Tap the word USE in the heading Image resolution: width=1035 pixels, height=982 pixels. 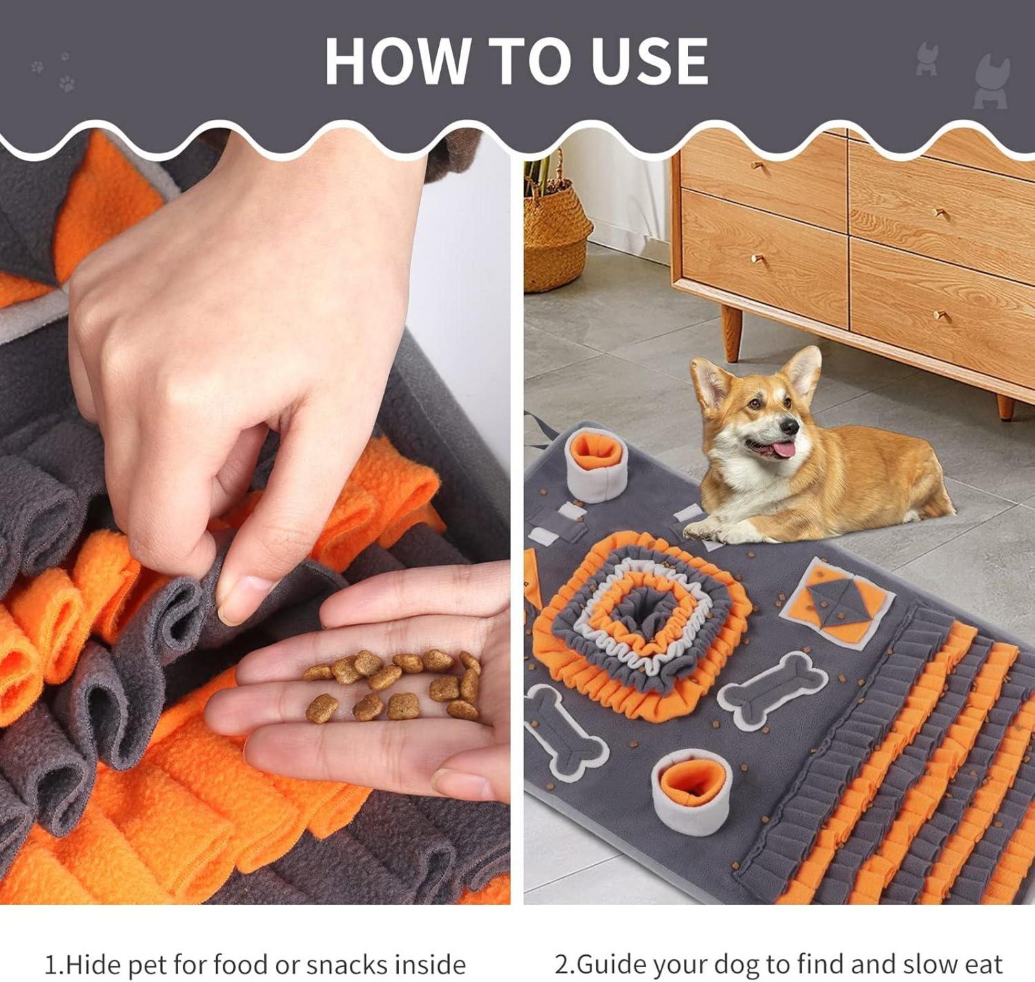649,61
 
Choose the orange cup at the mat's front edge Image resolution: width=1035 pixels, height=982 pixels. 692,791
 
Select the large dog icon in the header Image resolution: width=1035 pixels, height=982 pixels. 991,82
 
